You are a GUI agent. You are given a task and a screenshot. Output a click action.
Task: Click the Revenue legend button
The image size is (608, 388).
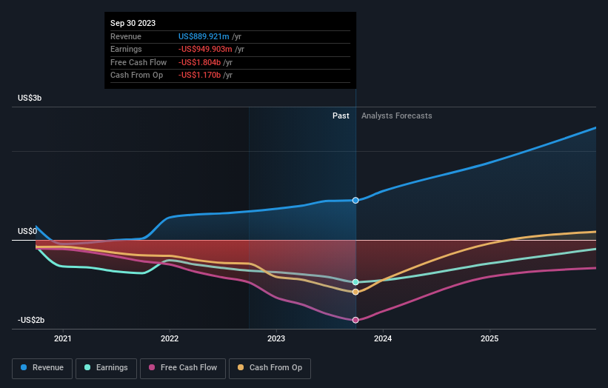coord(42,367)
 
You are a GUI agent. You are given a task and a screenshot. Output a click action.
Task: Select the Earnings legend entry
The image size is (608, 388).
coord(107,367)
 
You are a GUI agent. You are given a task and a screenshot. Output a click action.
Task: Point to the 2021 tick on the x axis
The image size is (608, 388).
coord(64,339)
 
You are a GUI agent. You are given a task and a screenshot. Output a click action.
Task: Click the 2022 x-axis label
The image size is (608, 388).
coord(170,339)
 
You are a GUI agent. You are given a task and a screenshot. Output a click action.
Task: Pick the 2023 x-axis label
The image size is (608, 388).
coord(276,339)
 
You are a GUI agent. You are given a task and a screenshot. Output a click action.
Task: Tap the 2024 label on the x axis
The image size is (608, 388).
coord(383,339)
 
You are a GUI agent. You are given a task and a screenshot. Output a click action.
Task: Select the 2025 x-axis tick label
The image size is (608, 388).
coord(490,339)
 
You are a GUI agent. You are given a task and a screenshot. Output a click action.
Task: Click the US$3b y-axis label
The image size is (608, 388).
coord(30,98)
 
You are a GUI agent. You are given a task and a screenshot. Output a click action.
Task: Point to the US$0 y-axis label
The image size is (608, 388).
coord(27,232)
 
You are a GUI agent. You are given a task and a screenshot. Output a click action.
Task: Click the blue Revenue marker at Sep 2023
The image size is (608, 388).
coord(356,201)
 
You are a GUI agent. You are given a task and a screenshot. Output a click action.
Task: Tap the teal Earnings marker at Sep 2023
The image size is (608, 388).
coord(356,282)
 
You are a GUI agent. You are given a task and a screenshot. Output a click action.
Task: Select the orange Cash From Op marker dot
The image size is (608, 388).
coord(356,292)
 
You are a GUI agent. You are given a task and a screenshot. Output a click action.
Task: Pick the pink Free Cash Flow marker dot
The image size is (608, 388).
coord(356,320)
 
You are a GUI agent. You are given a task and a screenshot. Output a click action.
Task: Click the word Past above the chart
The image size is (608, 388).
coord(341,116)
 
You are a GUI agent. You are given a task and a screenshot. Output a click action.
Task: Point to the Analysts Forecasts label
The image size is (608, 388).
coord(396,116)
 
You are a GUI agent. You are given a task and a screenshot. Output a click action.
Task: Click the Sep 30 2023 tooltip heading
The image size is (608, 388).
coord(134,24)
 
